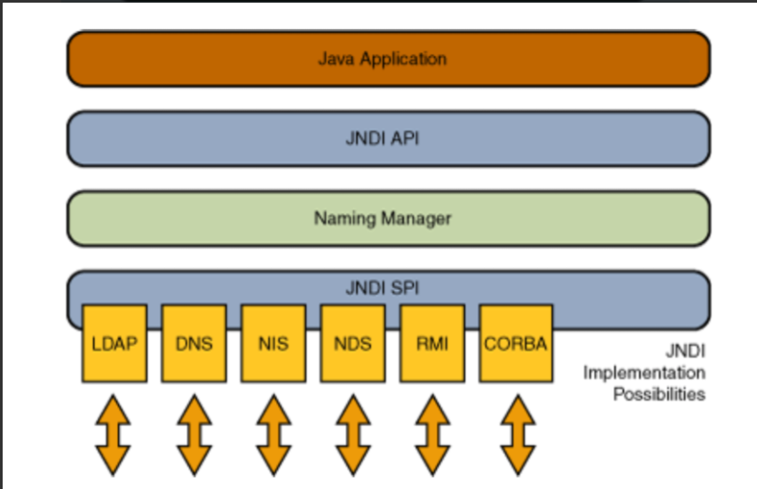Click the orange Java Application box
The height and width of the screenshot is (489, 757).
tap(388, 59)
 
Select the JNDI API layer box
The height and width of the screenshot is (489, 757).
tap(388, 138)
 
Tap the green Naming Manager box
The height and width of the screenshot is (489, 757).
tap(388, 217)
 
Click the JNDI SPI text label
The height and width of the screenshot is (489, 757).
tap(382, 288)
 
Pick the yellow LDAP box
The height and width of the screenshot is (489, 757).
tap(114, 343)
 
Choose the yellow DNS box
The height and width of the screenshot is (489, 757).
tap(193, 343)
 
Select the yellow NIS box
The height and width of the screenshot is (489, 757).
tap(272, 343)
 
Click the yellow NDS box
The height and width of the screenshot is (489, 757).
tap(352, 343)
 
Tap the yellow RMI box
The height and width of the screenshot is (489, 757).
tap(431, 343)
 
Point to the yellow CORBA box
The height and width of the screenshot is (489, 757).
tap(516, 343)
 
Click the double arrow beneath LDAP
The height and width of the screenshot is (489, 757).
tap(114, 436)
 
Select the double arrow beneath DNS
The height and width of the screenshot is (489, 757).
tap(193, 436)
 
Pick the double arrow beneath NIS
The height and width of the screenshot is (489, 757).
tap(272, 436)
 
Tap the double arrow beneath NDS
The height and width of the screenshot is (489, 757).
tap(352, 436)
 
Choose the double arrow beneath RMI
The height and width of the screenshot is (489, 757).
tap(431, 436)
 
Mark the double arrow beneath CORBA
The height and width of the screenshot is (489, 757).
tap(516, 436)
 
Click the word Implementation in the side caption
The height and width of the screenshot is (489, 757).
tap(643, 372)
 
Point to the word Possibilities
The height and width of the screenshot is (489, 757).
tap(658, 393)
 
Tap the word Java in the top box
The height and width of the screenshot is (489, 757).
tap(334, 59)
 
